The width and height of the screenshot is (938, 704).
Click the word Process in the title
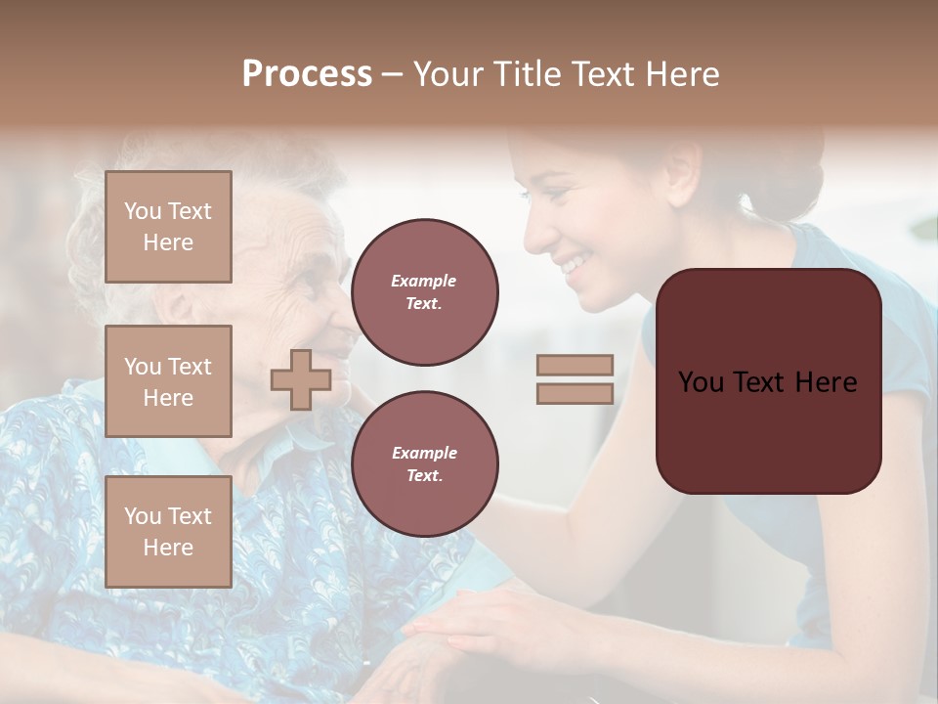(307, 74)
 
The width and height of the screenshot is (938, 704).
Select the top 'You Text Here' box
(168, 227)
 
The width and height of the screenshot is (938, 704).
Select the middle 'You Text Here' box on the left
(168, 381)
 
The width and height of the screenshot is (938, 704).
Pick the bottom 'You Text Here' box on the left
(168, 532)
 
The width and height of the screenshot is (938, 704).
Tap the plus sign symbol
(300, 379)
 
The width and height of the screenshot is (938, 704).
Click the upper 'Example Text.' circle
(424, 291)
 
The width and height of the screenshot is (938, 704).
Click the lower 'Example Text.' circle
(424, 463)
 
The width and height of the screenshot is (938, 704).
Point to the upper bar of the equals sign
(575, 365)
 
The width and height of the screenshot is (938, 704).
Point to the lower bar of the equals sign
(575, 393)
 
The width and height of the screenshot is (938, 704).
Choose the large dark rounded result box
(768, 381)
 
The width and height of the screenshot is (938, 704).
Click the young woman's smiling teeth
(575, 262)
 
